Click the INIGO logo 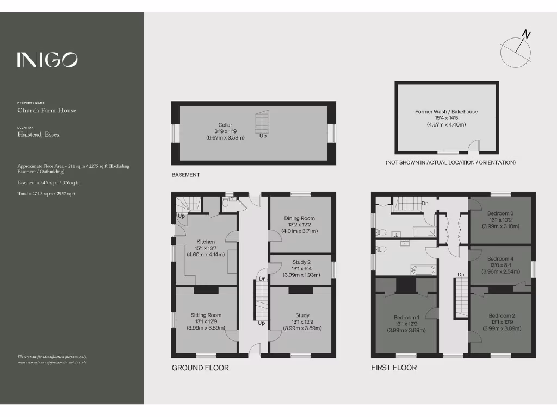tap(47, 60)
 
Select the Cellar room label tap(225, 125)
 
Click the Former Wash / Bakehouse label tap(446, 112)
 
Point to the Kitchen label tap(206, 242)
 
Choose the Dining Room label tap(299, 218)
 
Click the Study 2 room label tap(301, 262)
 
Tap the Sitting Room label tap(206, 315)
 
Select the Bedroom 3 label tap(500, 213)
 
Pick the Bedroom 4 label tap(500, 258)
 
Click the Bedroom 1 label tap(406, 317)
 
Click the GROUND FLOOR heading tap(200, 368)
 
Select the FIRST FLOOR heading tap(394, 368)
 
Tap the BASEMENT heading tap(185, 175)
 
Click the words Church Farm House tap(47, 111)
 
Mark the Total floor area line tap(46, 194)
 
